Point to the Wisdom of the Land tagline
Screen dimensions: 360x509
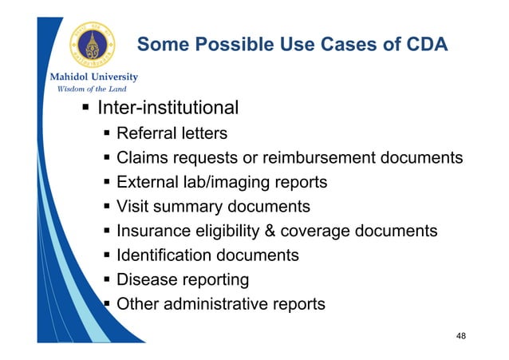coord(85,88)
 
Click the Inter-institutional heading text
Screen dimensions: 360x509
coord(168,107)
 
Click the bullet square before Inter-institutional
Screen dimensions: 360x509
coord(84,108)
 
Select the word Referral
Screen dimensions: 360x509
coord(144,133)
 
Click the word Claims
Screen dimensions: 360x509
coord(142,158)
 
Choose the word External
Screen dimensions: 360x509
coord(147,182)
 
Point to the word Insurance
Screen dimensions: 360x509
coord(152,231)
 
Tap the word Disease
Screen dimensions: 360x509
coord(145,280)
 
